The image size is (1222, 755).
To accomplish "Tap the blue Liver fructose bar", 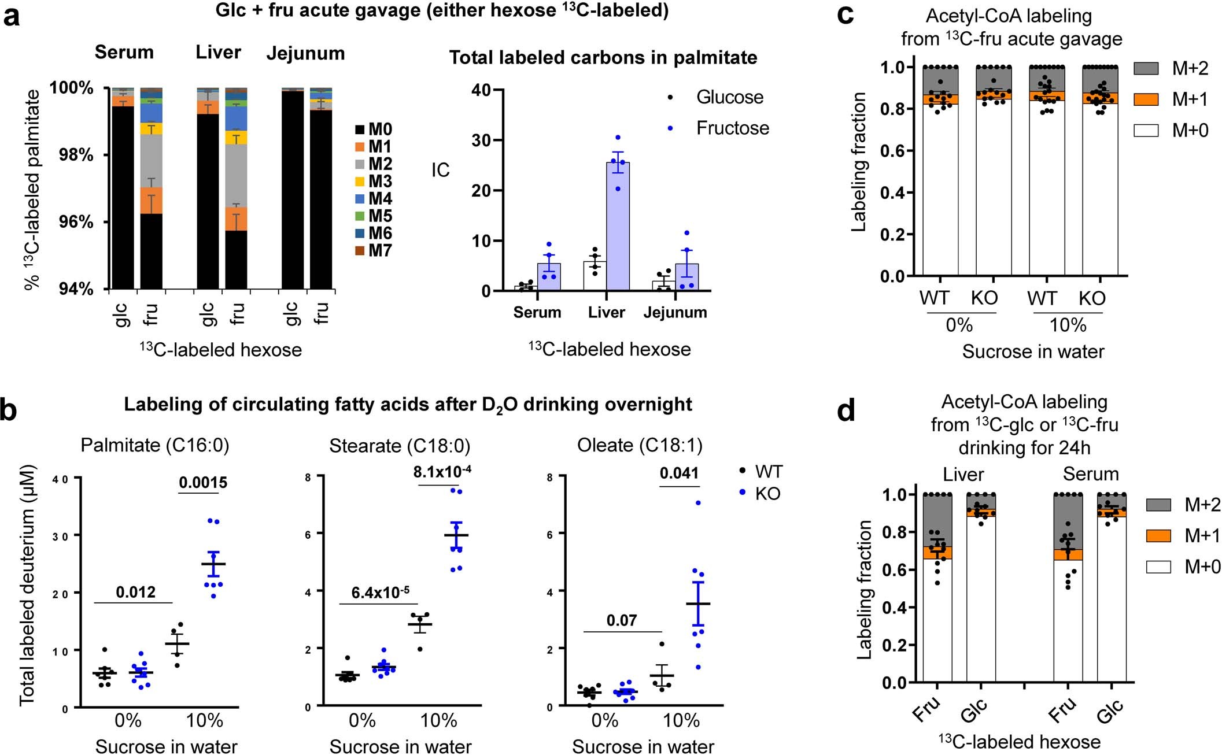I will (x=618, y=227).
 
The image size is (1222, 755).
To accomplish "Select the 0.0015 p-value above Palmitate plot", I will (x=203, y=483).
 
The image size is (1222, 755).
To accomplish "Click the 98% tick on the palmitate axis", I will (x=76, y=155).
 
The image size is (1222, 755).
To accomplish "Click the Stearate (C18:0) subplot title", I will (x=400, y=446).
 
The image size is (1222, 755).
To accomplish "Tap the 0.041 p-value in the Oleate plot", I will (x=679, y=473).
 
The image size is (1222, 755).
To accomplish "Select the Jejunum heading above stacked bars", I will (x=305, y=53).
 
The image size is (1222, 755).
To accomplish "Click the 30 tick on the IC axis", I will (x=481, y=140).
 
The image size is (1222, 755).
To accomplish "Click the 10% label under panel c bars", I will (x=1068, y=325).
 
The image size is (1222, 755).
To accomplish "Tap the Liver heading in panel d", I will (x=963, y=475).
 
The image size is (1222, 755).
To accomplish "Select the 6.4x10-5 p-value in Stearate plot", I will (x=380, y=593).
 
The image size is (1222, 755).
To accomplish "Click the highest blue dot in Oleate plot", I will (x=698, y=503).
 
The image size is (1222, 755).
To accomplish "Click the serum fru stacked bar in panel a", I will (x=152, y=191).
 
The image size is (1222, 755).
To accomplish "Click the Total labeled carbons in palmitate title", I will (x=603, y=58).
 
